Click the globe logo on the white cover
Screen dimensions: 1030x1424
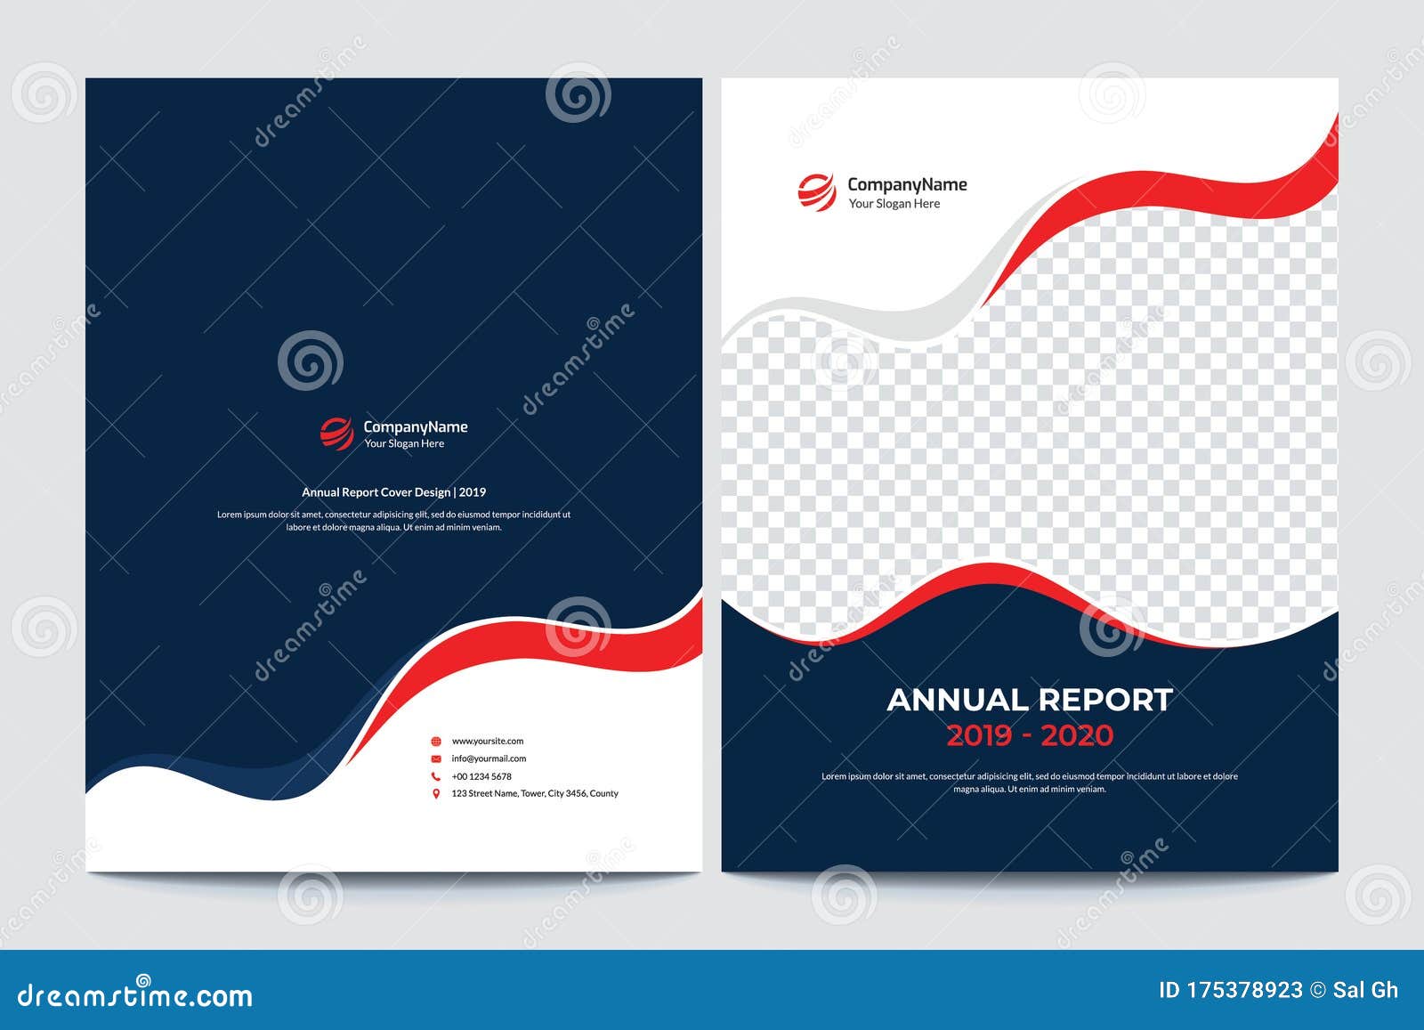tap(816, 192)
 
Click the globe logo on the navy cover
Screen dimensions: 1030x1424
tap(336, 434)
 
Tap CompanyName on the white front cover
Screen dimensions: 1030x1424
tap(906, 184)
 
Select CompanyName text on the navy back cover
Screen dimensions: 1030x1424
tap(415, 427)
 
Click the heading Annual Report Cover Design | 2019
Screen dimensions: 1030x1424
tap(393, 492)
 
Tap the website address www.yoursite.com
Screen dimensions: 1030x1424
tap(487, 741)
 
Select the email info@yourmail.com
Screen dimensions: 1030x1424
tap(489, 758)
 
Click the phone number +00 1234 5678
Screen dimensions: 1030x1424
tap(481, 776)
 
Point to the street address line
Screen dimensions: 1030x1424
tap(534, 793)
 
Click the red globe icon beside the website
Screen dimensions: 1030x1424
tap(436, 741)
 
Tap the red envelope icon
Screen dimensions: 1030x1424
tap(436, 758)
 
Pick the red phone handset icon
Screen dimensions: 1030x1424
tap(436, 776)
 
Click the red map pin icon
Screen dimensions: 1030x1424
tap(436, 793)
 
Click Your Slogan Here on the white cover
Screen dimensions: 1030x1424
tap(894, 204)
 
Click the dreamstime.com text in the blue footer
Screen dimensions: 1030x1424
tap(135, 995)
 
